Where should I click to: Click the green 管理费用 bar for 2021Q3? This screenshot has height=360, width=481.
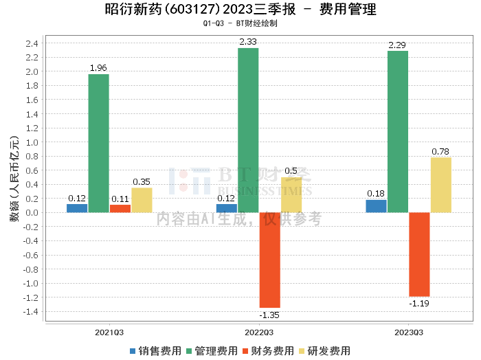click(98, 143)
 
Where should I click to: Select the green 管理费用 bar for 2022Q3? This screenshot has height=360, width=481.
click(248, 130)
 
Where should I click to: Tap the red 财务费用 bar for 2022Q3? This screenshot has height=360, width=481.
click(269, 260)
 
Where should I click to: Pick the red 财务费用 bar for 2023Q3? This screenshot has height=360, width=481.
click(419, 254)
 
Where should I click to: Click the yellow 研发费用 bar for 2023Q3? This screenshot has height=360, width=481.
click(440, 185)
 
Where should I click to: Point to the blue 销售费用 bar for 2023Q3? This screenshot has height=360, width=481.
click(376, 206)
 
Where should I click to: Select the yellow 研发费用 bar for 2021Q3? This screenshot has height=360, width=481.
click(142, 200)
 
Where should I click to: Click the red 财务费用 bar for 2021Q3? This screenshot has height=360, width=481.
click(120, 208)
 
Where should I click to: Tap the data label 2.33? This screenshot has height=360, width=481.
click(248, 42)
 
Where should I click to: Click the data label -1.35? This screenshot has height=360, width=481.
click(269, 315)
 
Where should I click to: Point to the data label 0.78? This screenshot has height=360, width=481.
click(440, 151)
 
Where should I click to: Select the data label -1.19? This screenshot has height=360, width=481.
click(418, 303)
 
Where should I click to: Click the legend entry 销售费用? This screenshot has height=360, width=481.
click(155, 351)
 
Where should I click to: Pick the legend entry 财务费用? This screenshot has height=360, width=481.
click(268, 351)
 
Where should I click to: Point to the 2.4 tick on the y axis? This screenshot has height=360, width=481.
click(32, 43)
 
